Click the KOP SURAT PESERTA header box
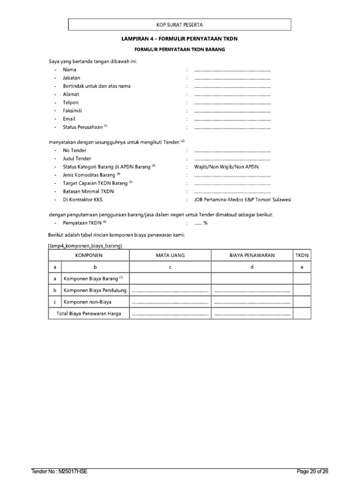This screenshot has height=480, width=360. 180,24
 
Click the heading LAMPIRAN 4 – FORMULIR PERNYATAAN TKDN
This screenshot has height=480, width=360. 180,39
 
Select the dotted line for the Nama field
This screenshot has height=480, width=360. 232,70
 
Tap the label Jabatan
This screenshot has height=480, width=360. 71,78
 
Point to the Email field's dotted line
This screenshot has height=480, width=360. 232,119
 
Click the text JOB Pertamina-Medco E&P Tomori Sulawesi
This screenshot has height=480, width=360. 239,200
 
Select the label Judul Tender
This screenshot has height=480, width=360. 77,158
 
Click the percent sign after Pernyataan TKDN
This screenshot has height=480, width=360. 205,223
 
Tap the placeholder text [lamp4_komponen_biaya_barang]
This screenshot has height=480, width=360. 85,245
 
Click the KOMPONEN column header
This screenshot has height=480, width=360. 89,255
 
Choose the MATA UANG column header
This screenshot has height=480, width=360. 170,255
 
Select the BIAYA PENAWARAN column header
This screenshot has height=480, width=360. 252,255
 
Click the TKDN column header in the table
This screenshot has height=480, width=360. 302,255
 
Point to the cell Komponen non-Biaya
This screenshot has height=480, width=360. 88,302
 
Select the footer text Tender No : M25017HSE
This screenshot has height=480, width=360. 60,471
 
